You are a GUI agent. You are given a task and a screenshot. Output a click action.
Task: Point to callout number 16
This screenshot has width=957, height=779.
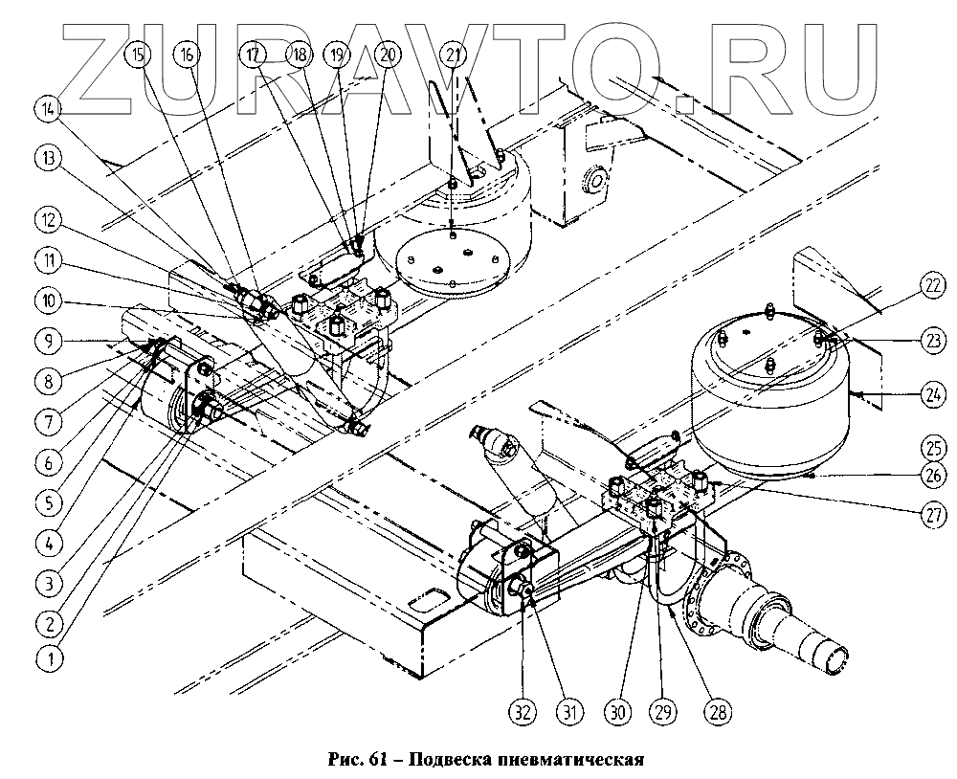point(188,55)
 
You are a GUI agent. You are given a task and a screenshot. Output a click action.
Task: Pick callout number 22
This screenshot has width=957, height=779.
point(907,284)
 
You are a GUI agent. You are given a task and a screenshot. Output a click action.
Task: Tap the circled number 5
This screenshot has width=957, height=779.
point(43,499)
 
